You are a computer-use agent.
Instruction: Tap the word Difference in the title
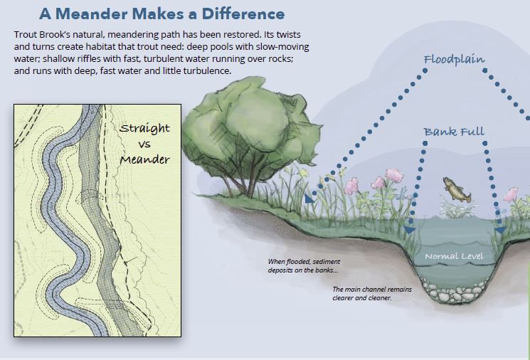click(239, 14)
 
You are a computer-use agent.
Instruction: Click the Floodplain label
click(454, 60)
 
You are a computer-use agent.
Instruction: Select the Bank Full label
click(454, 132)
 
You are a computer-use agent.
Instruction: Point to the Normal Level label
click(454, 255)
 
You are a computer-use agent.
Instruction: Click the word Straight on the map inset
click(144, 129)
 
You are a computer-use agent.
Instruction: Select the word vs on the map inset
click(144, 144)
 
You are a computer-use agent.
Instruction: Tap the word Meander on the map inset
click(144, 159)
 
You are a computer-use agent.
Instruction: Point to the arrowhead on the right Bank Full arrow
click(499, 231)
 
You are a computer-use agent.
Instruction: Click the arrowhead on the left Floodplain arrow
click(309, 198)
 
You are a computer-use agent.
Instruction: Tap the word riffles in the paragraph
click(78, 59)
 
